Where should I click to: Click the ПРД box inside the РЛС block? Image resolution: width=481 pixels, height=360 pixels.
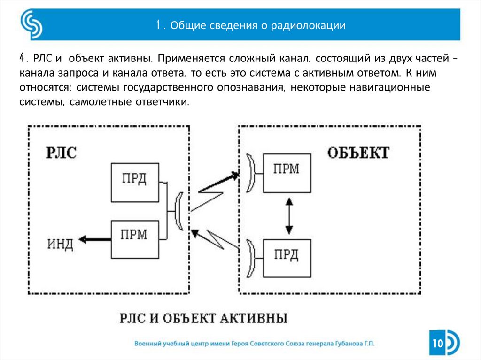[x=134, y=182]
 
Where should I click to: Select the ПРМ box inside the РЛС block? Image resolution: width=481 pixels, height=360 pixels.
[x=134, y=237]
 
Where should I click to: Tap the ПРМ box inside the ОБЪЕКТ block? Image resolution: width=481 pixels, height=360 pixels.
[x=287, y=172]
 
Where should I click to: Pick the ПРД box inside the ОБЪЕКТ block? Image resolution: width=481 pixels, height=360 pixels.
[x=287, y=258]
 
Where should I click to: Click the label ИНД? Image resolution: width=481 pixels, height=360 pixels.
[x=60, y=244]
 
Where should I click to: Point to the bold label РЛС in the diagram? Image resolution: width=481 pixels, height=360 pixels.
[x=61, y=153]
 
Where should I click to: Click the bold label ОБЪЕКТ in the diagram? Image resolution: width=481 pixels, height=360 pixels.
[x=358, y=153]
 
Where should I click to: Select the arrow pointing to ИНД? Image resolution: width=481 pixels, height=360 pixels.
[x=94, y=239]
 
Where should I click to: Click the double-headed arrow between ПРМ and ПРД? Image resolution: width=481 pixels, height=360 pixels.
[x=290, y=215]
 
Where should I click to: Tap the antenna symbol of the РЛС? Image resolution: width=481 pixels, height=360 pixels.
[x=178, y=211]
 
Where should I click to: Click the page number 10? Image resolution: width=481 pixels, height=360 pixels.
[x=438, y=344]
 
